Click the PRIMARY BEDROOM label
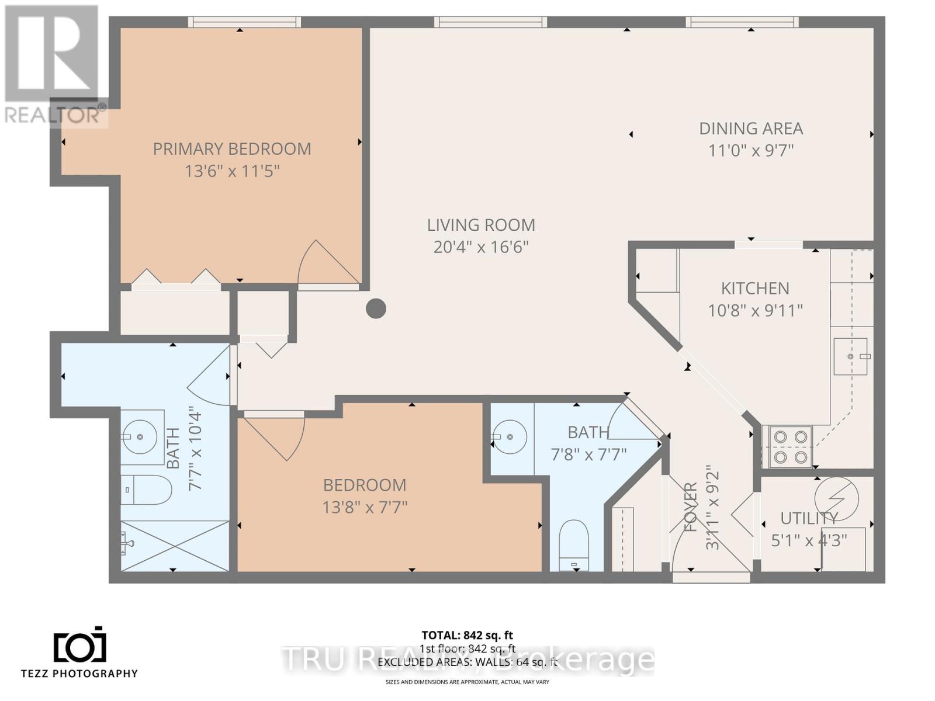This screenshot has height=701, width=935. click(x=232, y=149)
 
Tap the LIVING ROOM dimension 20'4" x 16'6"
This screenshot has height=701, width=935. click(x=480, y=247)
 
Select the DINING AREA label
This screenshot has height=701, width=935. click(x=751, y=129)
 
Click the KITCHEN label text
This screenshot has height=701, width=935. click(x=755, y=288)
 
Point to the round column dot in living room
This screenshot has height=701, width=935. click(x=376, y=308)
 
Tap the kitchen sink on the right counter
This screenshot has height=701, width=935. click(x=850, y=356)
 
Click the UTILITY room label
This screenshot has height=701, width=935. click(x=809, y=518)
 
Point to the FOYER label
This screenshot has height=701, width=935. click(x=691, y=507)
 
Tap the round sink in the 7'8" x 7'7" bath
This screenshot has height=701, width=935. click(x=510, y=436)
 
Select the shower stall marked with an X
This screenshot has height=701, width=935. click(x=174, y=546)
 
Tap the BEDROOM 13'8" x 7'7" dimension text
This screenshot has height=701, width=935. click(x=364, y=506)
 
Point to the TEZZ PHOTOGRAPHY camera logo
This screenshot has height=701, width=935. click(x=80, y=645)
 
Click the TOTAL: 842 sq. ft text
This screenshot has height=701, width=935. click(x=467, y=635)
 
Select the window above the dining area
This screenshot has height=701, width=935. click(x=742, y=22)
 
